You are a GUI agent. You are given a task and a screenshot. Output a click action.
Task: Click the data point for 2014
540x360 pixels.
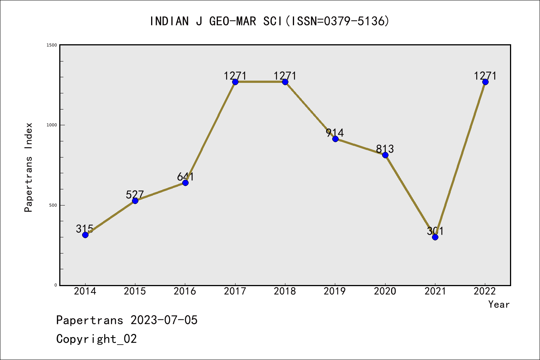click(x=85, y=235)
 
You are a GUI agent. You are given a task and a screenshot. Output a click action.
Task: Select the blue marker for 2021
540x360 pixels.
click(x=435, y=237)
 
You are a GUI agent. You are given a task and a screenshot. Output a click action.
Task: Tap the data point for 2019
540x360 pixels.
click(x=335, y=139)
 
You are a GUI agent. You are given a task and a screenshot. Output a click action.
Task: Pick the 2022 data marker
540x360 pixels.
click(x=485, y=82)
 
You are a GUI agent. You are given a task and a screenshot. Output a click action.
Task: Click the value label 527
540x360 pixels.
click(x=135, y=194)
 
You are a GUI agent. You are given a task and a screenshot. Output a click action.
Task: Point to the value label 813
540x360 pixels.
click(x=385, y=149)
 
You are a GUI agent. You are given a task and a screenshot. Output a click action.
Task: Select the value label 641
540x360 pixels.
click(x=185, y=177)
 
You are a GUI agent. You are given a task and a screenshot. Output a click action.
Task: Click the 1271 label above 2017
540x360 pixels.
click(x=235, y=76)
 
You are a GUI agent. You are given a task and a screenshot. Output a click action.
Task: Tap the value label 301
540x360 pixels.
click(x=435, y=231)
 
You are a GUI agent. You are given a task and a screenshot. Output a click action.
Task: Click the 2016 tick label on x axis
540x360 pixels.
click(x=185, y=291)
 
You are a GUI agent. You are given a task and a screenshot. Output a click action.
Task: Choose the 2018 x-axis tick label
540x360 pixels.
click(x=285, y=291)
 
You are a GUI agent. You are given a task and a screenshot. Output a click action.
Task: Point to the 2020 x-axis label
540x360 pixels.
click(x=385, y=291)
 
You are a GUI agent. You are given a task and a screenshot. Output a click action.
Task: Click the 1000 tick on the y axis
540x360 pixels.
click(x=51, y=125)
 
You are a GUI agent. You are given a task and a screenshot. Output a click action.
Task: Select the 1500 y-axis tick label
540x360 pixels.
click(x=51, y=45)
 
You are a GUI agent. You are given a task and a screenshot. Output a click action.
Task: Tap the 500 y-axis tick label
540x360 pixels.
click(x=53, y=205)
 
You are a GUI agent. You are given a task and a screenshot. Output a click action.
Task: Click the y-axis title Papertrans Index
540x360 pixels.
click(x=28, y=167)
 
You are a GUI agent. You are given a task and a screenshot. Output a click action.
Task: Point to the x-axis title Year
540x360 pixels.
click(x=499, y=304)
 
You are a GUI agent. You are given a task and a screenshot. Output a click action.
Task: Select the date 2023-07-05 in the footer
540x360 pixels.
click(x=164, y=320)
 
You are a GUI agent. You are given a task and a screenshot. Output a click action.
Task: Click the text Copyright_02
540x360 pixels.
click(x=96, y=339)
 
